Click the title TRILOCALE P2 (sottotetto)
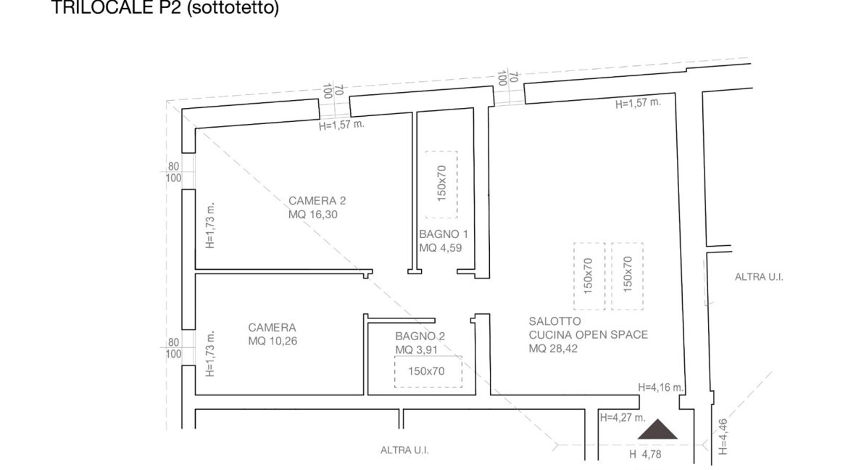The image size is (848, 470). click(x=165, y=7)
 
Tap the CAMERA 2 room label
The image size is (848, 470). click(x=317, y=200)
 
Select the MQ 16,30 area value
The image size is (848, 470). click(x=312, y=215)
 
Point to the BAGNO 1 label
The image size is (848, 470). click(x=444, y=234)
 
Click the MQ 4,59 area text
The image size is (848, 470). click(x=440, y=248)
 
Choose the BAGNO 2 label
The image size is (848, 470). click(x=420, y=337)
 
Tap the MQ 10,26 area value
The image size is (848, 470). click(x=273, y=341)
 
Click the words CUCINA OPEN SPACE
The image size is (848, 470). click(x=589, y=334)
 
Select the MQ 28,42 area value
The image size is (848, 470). click(x=553, y=349)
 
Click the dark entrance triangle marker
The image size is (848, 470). click(x=657, y=429)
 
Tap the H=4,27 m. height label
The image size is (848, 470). click(x=623, y=418)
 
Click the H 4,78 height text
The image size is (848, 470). click(x=645, y=454)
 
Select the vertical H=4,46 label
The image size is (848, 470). click(x=723, y=437)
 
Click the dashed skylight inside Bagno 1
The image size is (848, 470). click(x=441, y=184)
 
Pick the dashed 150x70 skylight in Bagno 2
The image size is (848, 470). click(x=428, y=371)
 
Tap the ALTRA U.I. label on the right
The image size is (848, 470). click(x=759, y=276)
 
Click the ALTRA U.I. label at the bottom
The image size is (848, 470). click(x=404, y=450)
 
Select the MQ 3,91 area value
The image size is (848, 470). click(x=416, y=350)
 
